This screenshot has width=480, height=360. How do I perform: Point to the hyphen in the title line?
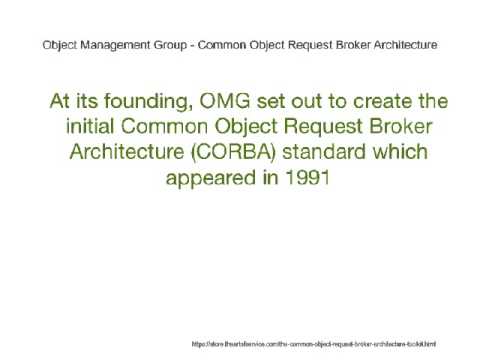[204, 45]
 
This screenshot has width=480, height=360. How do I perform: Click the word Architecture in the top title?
[405, 45]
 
